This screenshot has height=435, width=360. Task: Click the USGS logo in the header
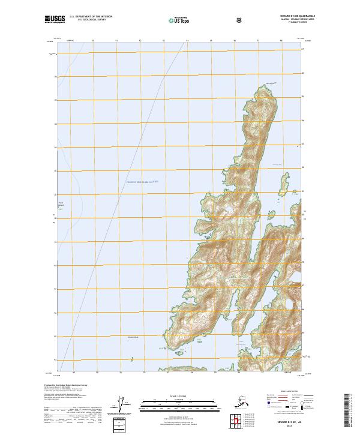tap(55, 19)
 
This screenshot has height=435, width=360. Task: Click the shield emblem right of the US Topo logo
tap(206, 20)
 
